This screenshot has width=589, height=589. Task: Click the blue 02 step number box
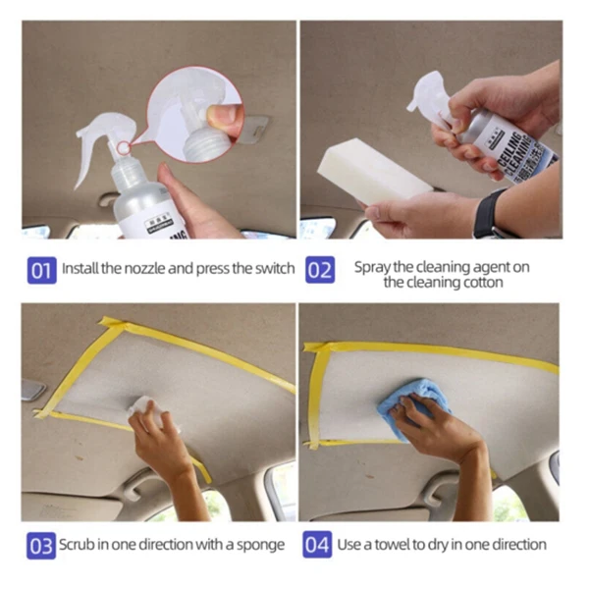coord(319,269)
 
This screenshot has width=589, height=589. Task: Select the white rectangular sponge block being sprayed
coord(368,172)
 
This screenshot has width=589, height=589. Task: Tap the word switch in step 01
coord(274,268)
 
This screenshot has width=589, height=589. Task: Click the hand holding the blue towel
coord(432,427)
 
